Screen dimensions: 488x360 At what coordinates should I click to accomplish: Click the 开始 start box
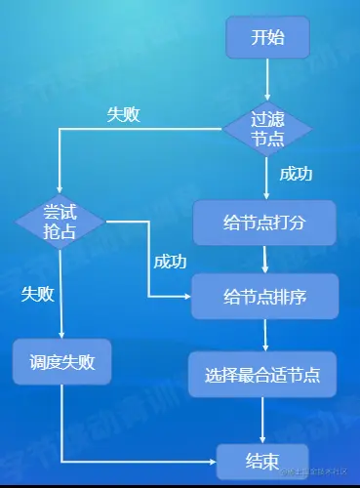267,39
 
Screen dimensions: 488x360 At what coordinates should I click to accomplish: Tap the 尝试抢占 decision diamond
60,222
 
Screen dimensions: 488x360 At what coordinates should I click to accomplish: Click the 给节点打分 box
264,223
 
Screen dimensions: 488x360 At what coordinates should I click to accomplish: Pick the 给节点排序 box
264,297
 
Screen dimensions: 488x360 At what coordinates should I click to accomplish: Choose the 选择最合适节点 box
263,374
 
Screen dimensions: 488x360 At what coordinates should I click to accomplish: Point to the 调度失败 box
61,362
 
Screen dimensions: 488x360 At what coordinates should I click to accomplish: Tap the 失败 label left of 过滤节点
123,114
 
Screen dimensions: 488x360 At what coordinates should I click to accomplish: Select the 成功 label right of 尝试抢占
170,262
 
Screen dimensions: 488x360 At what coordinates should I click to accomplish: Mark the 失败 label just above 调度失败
38,294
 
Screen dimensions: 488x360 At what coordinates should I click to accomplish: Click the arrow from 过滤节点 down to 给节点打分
266,181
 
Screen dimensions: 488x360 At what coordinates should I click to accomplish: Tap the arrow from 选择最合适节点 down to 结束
263,420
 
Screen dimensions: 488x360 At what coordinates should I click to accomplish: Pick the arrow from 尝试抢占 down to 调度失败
60,293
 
